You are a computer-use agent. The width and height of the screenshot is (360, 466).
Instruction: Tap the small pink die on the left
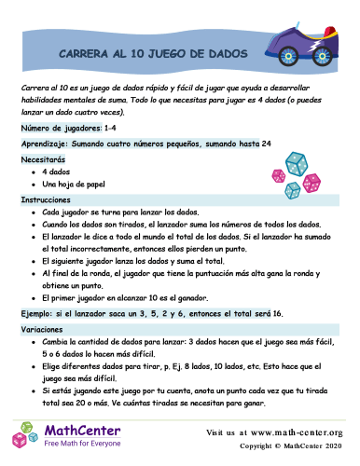click(x=278, y=175)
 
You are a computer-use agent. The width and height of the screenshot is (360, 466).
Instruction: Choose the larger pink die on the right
click(x=312, y=182)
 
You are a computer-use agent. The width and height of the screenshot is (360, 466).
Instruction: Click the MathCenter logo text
click(x=82, y=431)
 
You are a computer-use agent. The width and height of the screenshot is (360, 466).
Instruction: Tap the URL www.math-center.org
click(x=298, y=432)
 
